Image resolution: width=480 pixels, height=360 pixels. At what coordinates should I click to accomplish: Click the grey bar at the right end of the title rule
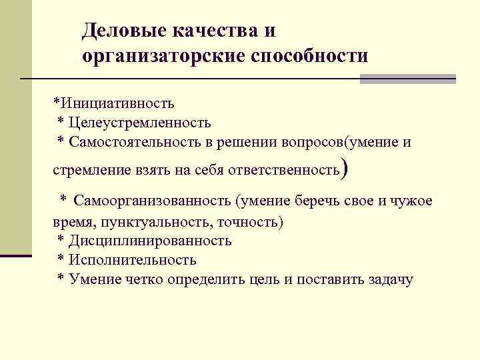[x=407, y=79]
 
